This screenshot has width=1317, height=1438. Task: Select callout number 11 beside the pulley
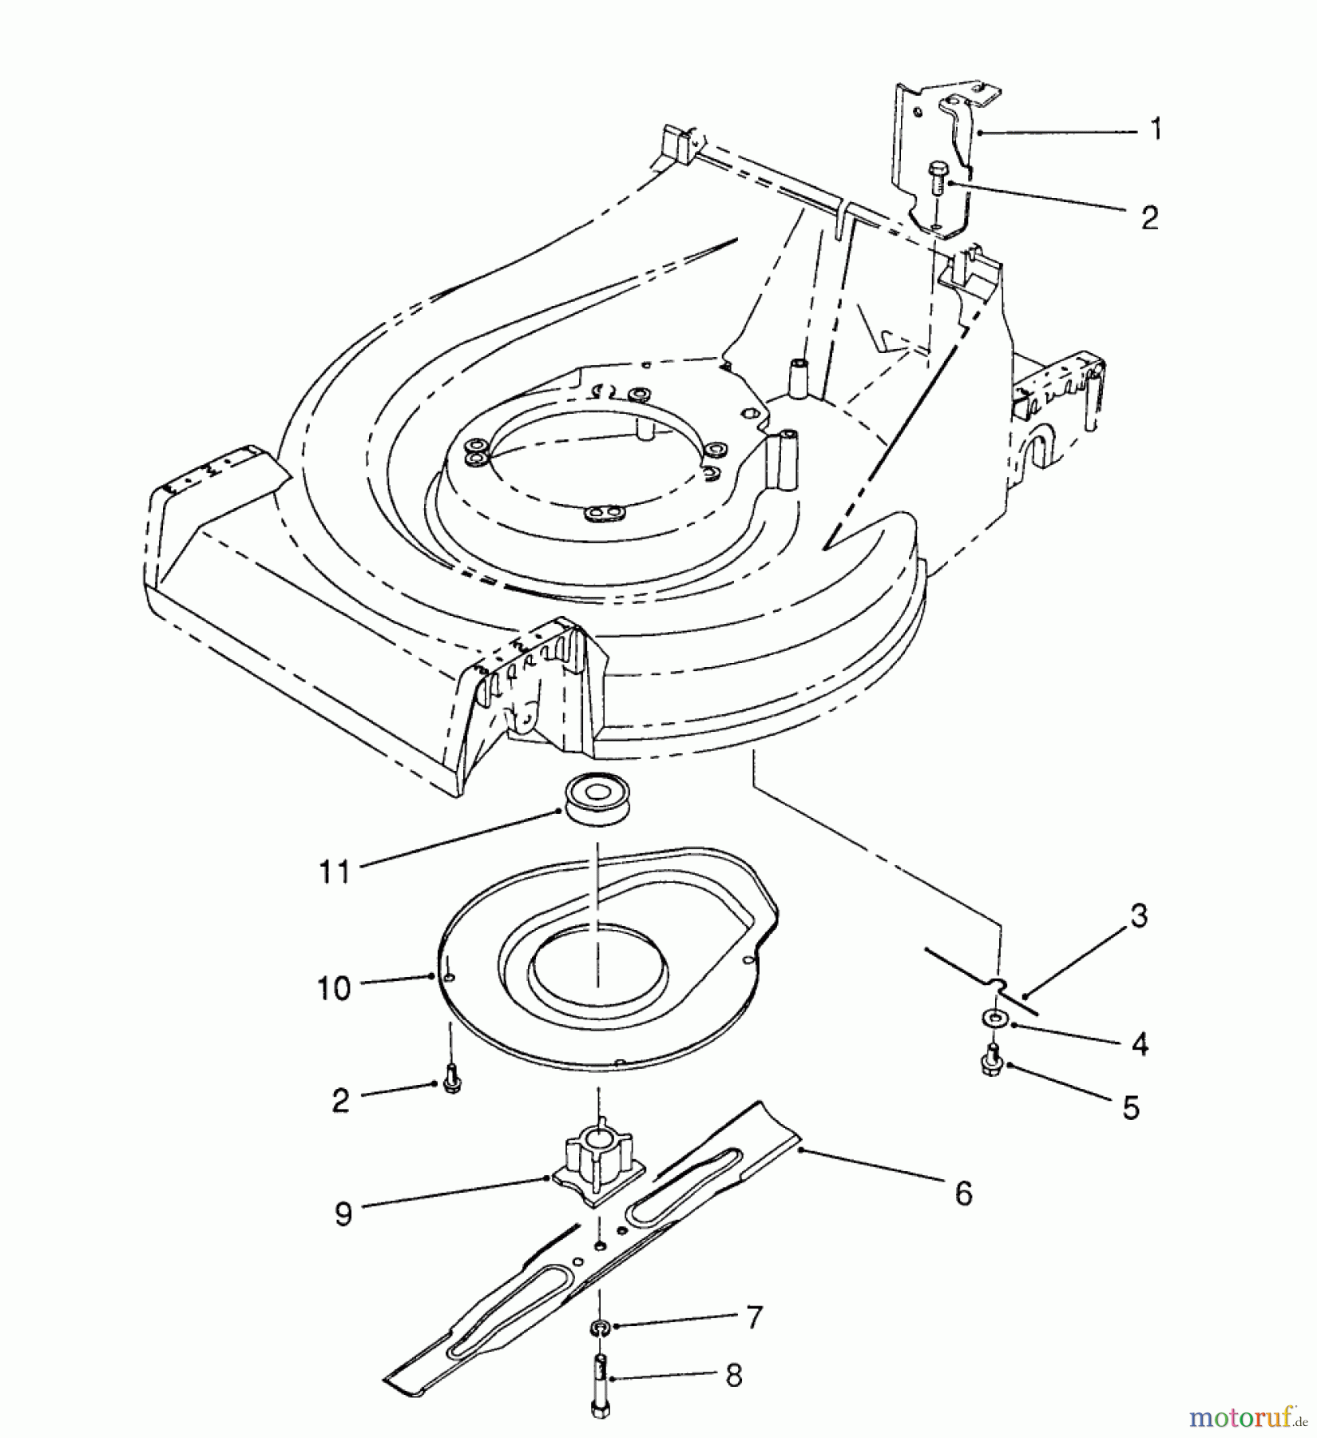pyautogui.click(x=335, y=871)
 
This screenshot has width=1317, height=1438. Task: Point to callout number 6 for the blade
pyautogui.click(x=963, y=1194)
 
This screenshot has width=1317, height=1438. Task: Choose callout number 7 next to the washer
pyautogui.click(x=754, y=1317)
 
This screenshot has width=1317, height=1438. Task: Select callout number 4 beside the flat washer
pyautogui.click(x=1139, y=1043)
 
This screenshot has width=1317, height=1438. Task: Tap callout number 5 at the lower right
pyautogui.click(x=1130, y=1108)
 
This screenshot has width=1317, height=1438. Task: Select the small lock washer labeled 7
pyautogui.click(x=599, y=1328)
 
